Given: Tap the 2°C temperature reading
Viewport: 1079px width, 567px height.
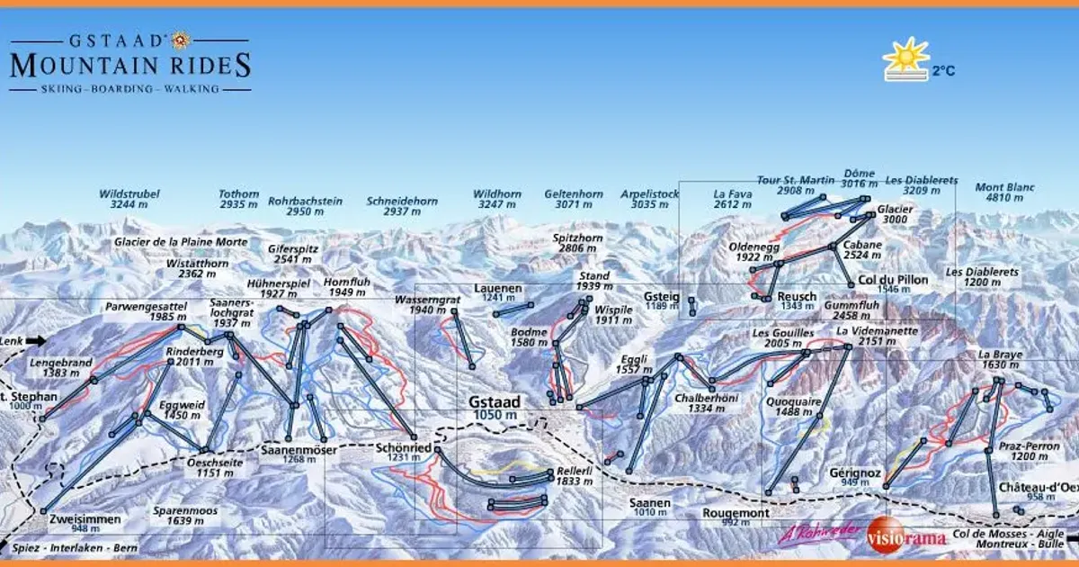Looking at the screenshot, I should (943, 70).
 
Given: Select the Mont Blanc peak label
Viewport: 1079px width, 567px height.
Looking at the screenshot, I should (1005, 193).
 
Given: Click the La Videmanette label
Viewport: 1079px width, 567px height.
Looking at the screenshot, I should (877, 336).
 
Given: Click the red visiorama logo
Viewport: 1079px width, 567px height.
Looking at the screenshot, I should (906, 538).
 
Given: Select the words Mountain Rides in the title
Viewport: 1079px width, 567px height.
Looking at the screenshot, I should (130, 65).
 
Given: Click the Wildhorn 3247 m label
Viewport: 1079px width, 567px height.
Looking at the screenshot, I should (497, 199).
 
